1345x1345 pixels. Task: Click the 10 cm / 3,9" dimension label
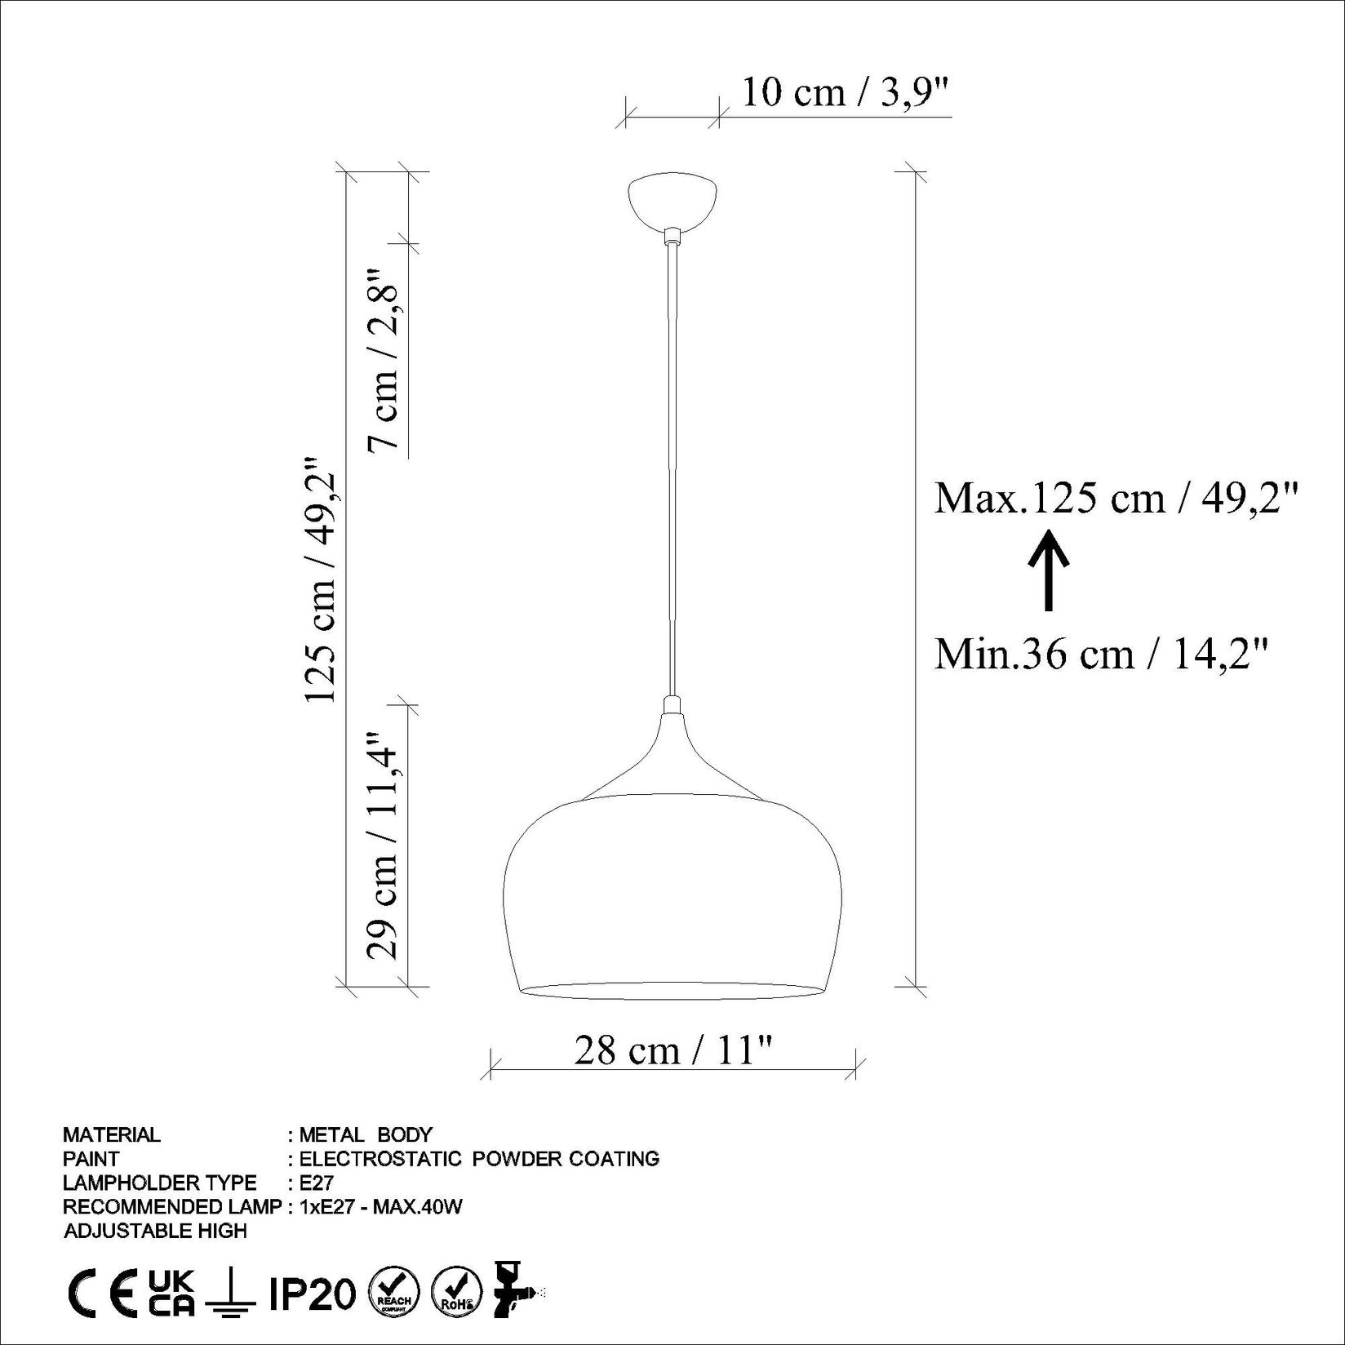[846, 92]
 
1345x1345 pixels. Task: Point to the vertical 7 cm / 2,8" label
[384, 359]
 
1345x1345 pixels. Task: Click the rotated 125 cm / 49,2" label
[321, 579]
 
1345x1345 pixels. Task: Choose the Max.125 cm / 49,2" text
[1116, 497]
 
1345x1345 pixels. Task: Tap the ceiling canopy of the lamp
[672, 201]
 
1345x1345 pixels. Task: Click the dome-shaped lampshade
[672, 890]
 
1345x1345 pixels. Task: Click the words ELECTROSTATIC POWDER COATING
[479, 1158]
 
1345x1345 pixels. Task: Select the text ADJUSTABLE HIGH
[155, 1230]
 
